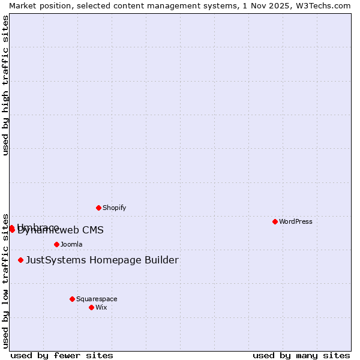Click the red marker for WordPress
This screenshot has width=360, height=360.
(x=275, y=221)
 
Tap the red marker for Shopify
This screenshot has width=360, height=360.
(x=98, y=208)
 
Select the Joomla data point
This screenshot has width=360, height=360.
(x=56, y=244)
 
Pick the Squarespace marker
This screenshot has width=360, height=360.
(x=72, y=299)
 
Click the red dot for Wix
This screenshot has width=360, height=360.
(x=91, y=307)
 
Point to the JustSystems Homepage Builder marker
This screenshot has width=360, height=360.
(x=20, y=260)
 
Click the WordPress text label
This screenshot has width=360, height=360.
(x=296, y=221)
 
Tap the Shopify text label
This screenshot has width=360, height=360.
(x=114, y=208)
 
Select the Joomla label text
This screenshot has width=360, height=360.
(x=71, y=244)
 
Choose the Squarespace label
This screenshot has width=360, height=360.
(x=97, y=299)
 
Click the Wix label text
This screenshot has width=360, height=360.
(x=101, y=307)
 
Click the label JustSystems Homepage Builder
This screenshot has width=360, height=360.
(x=102, y=260)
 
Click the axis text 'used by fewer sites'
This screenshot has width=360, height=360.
(x=62, y=355)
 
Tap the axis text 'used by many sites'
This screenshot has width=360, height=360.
(x=301, y=355)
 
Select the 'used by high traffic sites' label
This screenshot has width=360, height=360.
(x=5, y=85)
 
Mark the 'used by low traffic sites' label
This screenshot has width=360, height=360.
(x=5, y=280)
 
